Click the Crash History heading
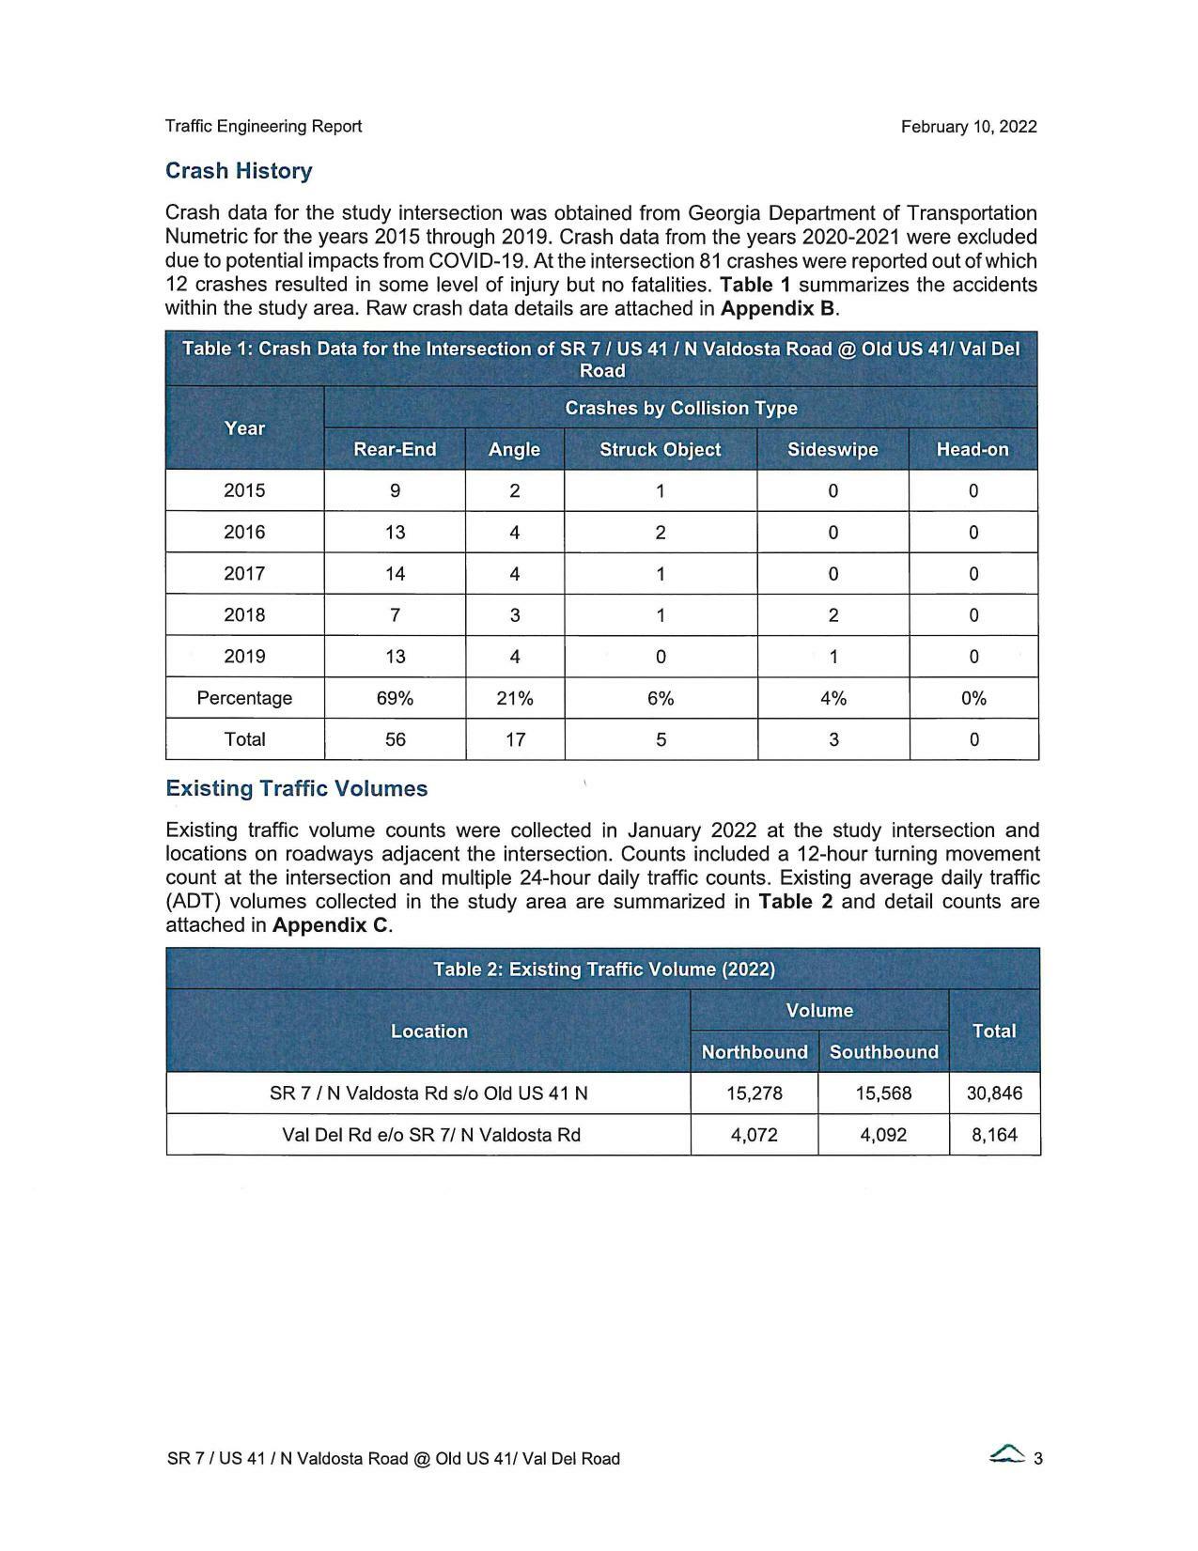click(x=239, y=171)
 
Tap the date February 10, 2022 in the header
click(x=968, y=127)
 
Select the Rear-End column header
click(x=395, y=449)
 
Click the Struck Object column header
click(x=660, y=449)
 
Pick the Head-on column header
click(x=972, y=449)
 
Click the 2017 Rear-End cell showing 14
click(x=395, y=573)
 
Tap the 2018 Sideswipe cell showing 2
click(x=832, y=615)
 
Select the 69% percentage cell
click(x=395, y=698)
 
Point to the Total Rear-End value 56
click(x=395, y=739)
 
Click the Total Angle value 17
click(x=515, y=739)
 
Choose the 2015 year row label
click(x=244, y=490)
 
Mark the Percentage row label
click(x=244, y=698)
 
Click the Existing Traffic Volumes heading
click(x=296, y=788)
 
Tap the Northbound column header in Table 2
click(x=755, y=1052)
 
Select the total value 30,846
click(x=994, y=1093)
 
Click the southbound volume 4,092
click(x=883, y=1135)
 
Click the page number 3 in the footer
click(x=1038, y=1459)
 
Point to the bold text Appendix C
click(x=330, y=925)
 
